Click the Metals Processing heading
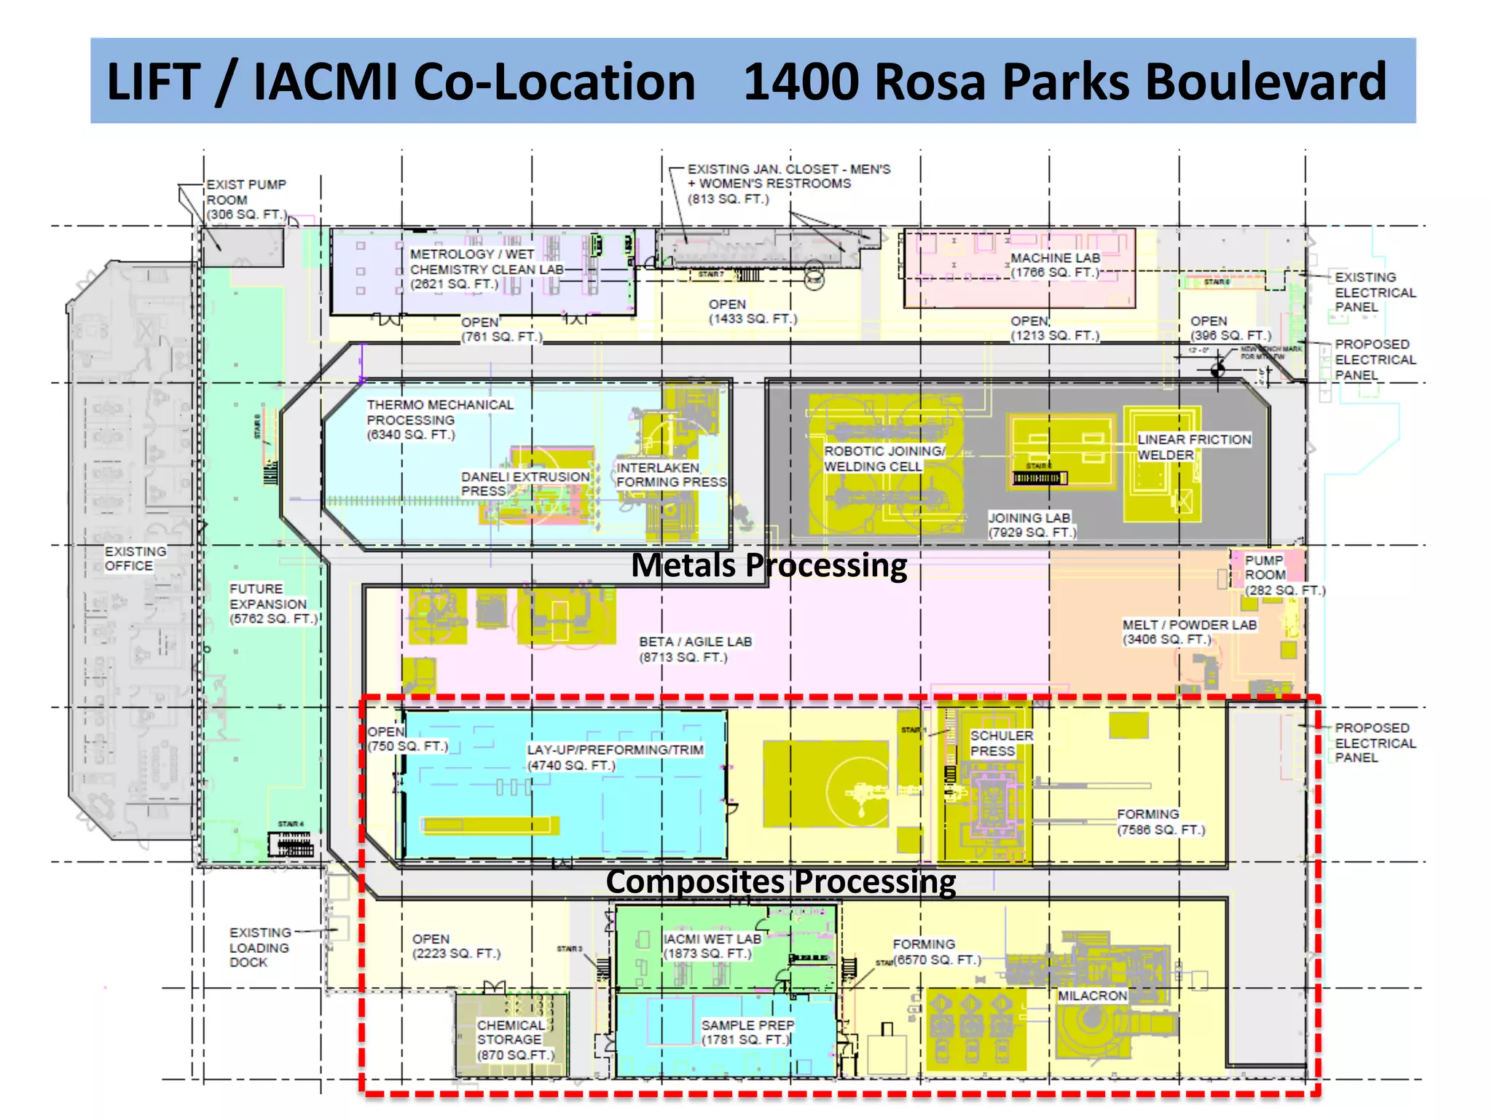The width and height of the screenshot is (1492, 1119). (x=769, y=565)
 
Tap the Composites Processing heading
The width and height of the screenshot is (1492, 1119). (x=780, y=882)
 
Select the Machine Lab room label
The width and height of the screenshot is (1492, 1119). (x=1055, y=265)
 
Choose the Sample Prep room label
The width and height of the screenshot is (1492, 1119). (x=746, y=1032)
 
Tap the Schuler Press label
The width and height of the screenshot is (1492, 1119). (x=1001, y=743)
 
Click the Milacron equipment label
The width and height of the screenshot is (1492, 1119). (x=1092, y=996)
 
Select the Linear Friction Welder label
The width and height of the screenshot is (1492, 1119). (x=1193, y=447)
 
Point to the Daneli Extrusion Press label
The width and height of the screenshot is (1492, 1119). (x=525, y=484)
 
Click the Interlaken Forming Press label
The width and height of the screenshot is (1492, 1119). (x=670, y=475)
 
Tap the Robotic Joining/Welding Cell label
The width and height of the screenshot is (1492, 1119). (x=884, y=459)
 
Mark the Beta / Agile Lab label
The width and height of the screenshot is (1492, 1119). (x=695, y=649)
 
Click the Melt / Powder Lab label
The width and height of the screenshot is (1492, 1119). (x=1189, y=632)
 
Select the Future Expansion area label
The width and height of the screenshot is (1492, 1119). (x=272, y=604)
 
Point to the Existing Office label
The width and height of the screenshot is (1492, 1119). (x=135, y=559)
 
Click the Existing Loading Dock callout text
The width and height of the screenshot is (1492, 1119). (x=259, y=947)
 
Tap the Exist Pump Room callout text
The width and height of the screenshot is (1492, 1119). (x=246, y=200)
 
